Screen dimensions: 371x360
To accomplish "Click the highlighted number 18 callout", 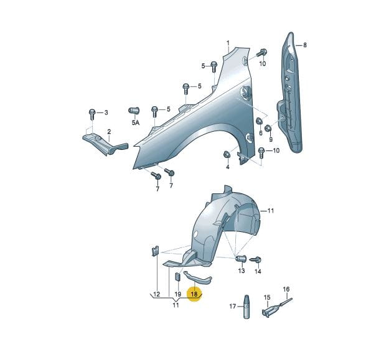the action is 194,295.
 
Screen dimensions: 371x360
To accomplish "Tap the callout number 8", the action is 305,45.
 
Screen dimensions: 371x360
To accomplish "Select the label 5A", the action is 136,122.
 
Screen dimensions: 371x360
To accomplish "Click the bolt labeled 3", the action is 92,114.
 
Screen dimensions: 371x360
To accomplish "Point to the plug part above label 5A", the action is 134,111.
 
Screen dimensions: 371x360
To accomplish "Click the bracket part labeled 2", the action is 105,144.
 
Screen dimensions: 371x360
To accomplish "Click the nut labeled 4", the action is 227,155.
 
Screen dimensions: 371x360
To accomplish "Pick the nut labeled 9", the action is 268,128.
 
